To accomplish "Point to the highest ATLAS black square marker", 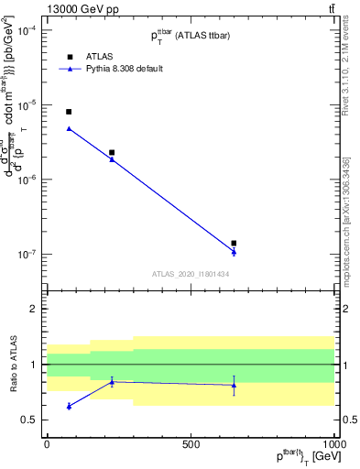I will (x=69, y=112).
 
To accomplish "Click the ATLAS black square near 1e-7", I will (x=235, y=244).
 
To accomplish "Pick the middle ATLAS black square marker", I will (x=112, y=153).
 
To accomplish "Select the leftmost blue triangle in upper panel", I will (x=69, y=129).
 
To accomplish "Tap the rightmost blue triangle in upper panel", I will (x=235, y=252).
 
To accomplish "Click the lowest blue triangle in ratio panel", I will (x=69, y=406).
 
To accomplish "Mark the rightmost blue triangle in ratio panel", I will (x=235, y=385).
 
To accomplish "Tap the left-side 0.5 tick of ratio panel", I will (x=30, y=420).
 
